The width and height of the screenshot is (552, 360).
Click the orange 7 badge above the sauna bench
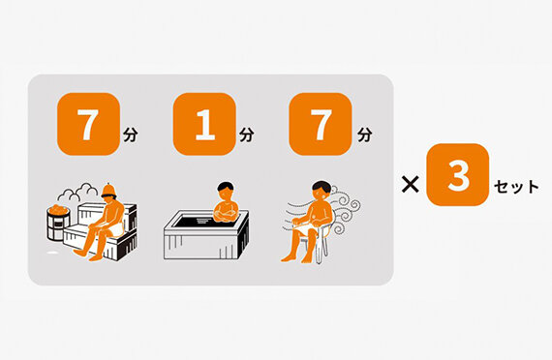pyautogui.click(x=88, y=124)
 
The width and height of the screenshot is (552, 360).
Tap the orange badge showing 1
pyautogui.click(x=204, y=124)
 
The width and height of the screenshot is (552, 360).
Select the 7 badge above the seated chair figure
pyautogui.click(x=321, y=124)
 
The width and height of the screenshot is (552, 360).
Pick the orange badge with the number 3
pyautogui.click(x=458, y=174)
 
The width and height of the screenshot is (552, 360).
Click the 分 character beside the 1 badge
pyautogui.click(x=246, y=135)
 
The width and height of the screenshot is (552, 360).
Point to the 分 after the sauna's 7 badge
pyautogui.click(x=131, y=135)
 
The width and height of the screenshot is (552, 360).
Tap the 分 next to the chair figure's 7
pyautogui.click(x=365, y=135)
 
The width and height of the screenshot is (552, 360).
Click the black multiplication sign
pyautogui.click(x=411, y=184)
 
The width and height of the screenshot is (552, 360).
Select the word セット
pyautogui.click(x=516, y=187)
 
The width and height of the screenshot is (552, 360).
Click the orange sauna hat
pyautogui.click(x=108, y=191)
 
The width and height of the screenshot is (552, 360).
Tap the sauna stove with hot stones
pyautogui.click(x=58, y=223)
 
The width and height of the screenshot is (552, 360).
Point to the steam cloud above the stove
pyautogui.click(x=78, y=193)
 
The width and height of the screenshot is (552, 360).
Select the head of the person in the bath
pyautogui.click(x=226, y=191)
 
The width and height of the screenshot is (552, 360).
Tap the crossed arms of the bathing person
pyautogui.click(x=226, y=215)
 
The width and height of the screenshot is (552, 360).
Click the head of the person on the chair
pyautogui.click(x=322, y=191)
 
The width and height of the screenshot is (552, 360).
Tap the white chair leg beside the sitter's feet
pyautogui.click(x=320, y=251)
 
